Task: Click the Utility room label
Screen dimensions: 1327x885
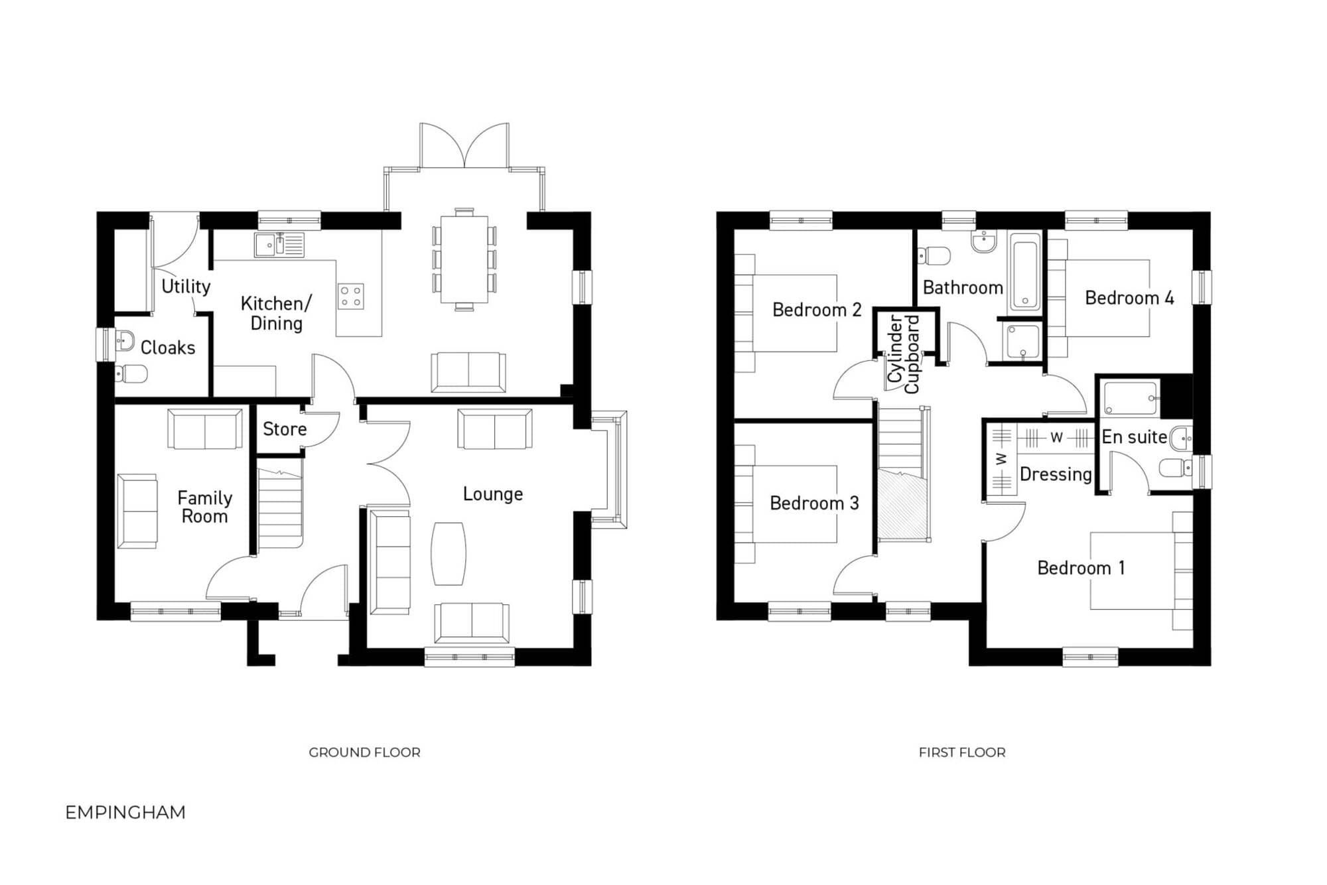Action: (x=186, y=287)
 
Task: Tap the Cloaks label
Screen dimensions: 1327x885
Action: (x=168, y=348)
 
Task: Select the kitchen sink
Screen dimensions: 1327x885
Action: (x=279, y=245)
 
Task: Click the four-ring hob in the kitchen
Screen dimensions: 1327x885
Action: (x=351, y=296)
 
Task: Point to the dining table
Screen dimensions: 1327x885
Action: (x=464, y=259)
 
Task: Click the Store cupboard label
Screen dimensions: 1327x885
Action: (x=285, y=429)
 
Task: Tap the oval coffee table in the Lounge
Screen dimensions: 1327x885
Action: (x=449, y=554)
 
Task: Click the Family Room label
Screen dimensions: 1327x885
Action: (x=204, y=507)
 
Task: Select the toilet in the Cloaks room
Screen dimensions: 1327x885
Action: (x=131, y=374)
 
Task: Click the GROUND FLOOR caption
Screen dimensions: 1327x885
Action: (x=364, y=752)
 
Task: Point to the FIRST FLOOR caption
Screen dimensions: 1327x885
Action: (x=962, y=752)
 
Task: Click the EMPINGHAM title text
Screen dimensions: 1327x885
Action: (x=125, y=812)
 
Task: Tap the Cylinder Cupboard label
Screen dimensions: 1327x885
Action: (x=904, y=354)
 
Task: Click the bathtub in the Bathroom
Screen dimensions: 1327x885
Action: (x=1025, y=273)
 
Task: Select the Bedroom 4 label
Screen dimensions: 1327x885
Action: (x=1129, y=298)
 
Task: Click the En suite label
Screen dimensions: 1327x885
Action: (x=1135, y=437)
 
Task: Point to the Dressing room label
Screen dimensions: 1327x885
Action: (x=1056, y=474)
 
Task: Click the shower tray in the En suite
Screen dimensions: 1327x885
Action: (x=1131, y=397)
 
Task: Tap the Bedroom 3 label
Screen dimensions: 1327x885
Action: (x=814, y=503)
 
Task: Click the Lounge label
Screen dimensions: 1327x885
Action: (x=493, y=494)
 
